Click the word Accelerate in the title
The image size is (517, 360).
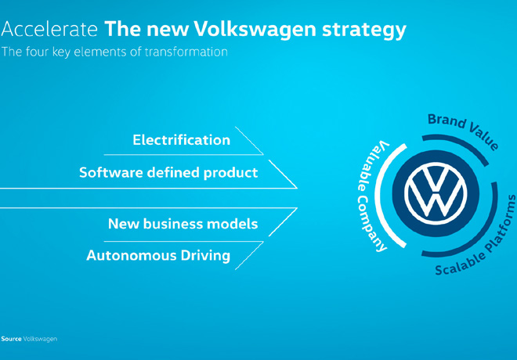pyautogui.click(x=49, y=30)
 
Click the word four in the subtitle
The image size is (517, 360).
pyautogui.click(x=37, y=53)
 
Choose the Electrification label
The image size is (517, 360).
pyautogui.click(x=182, y=140)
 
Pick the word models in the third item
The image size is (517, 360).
pyautogui.click(x=233, y=224)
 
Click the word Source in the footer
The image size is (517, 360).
pyautogui.click(x=11, y=339)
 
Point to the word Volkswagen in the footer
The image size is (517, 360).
pyautogui.click(x=40, y=339)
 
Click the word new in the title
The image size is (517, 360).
pyautogui.click(x=153, y=30)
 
